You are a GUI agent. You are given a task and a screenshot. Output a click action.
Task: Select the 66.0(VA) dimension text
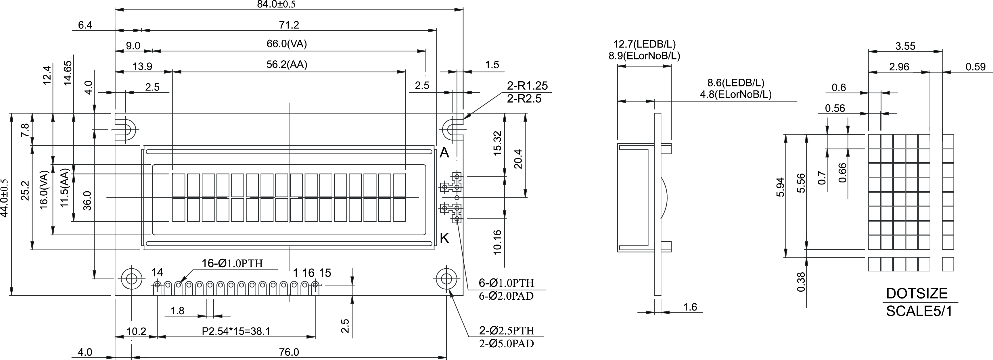coord(287,44)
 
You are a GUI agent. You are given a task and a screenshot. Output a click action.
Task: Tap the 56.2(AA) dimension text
coord(287,64)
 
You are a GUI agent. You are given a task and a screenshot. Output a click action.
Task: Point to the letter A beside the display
coord(444,153)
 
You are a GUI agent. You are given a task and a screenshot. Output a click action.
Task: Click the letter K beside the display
coord(444,238)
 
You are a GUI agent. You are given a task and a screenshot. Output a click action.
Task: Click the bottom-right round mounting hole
coord(446,279)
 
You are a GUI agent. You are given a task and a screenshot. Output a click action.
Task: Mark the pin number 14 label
coord(157,272)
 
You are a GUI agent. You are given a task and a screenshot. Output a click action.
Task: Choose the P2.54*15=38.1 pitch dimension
coord(236,331)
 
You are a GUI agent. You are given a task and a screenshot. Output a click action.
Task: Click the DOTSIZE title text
coord(916,294)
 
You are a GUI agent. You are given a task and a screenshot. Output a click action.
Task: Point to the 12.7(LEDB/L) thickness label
coord(645,44)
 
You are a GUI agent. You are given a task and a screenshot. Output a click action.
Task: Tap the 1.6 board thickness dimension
coord(690,307)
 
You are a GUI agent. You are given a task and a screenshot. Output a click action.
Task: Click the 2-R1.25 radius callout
coord(527,86)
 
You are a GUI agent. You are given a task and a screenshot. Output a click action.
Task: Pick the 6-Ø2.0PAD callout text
coord(506,296)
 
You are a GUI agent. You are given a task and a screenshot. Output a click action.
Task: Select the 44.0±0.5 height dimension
coord(5,203)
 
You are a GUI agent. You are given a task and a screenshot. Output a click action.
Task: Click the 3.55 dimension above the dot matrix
coord(905,46)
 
